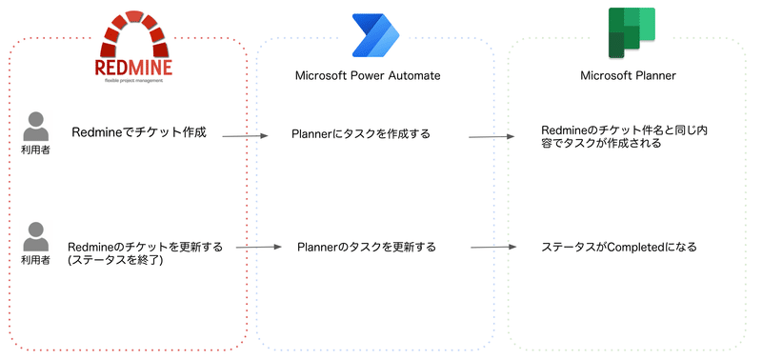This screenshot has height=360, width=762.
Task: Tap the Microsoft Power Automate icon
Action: click(374, 37)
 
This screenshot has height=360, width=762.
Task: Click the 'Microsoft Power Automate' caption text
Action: click(373, 75)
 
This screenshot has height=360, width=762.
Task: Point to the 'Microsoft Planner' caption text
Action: click(628, 75)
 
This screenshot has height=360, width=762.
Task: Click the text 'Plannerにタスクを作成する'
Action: click(361, 133)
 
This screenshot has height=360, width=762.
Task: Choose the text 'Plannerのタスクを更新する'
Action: click(367, 247)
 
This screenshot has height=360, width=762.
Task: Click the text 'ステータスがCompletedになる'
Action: click(619, 247)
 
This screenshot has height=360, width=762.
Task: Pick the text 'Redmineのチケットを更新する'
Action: click(145, 246)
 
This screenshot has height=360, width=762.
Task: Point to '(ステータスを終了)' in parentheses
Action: click(115, 260)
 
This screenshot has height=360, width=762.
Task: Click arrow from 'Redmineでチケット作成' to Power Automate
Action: click(246, 137)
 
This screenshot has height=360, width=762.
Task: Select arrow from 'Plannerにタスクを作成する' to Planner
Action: click(492, 136)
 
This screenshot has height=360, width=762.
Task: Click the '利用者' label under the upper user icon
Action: click(36, 150)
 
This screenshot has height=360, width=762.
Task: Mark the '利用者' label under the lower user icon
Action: click(36, 260)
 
